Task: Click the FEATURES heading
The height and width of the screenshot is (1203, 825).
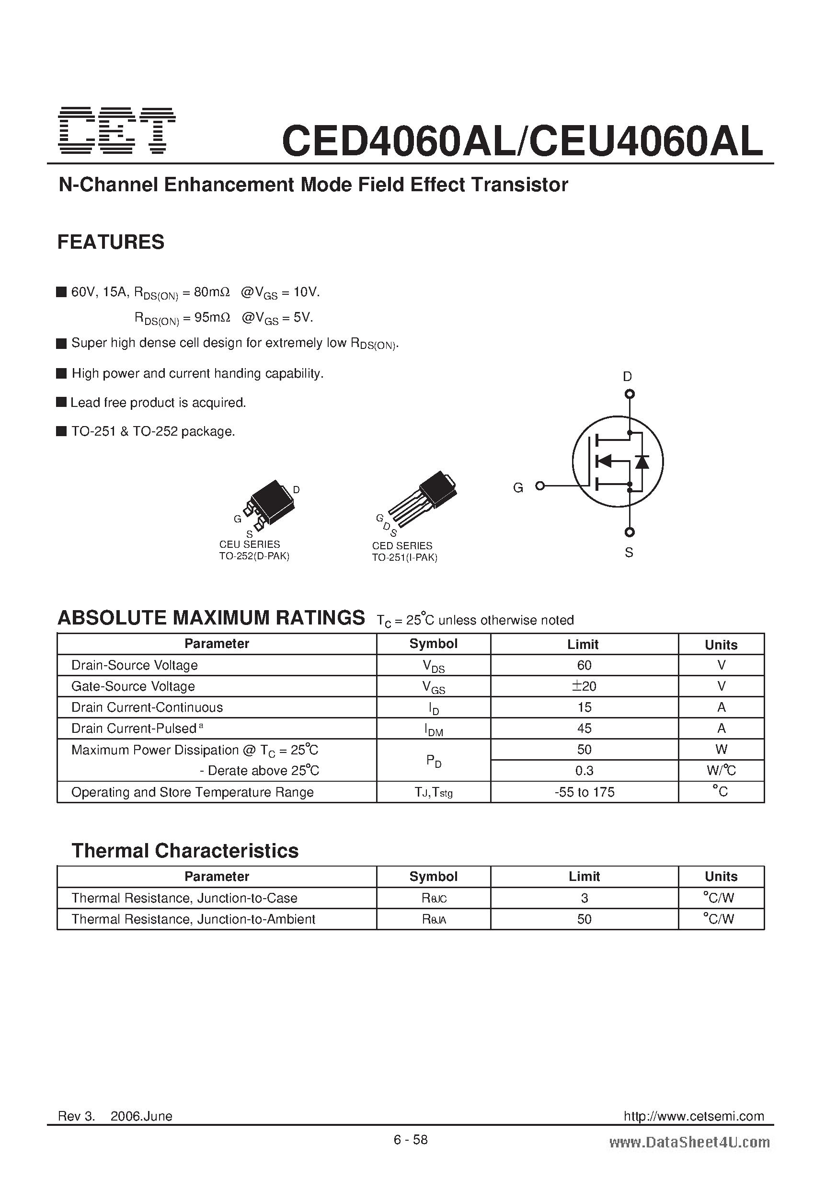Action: (x=111, y=242)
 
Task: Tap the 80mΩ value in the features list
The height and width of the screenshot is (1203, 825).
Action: (x=211, y=292)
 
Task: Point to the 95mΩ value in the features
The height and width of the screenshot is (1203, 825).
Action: (x=212, y=317)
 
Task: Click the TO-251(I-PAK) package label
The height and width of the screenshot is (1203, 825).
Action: (x=405, y=557)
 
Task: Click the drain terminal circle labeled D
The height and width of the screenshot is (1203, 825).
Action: (x=630, y=394)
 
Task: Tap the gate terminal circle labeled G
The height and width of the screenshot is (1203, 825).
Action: (x=540, y=486)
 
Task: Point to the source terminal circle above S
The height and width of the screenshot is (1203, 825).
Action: (x=630, y=532)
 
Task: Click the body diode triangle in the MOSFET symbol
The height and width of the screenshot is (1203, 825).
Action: (x=642, y=462)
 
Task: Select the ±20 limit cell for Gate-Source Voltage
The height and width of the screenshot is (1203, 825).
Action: (x=584, y=686)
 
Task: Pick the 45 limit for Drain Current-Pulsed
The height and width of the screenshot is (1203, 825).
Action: (x=584, y=729)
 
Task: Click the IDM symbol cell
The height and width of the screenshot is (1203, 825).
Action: (x=433, y=729)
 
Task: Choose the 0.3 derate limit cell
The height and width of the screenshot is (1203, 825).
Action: (x=584, y=771)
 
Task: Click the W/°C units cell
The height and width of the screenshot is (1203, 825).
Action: (x=721, y=771)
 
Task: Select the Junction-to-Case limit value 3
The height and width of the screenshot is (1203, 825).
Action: (x=584, y=898)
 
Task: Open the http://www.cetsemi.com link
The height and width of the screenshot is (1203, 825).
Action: (x=694, y=1116)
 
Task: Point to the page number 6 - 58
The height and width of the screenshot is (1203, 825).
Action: (x=411, y=1140)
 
